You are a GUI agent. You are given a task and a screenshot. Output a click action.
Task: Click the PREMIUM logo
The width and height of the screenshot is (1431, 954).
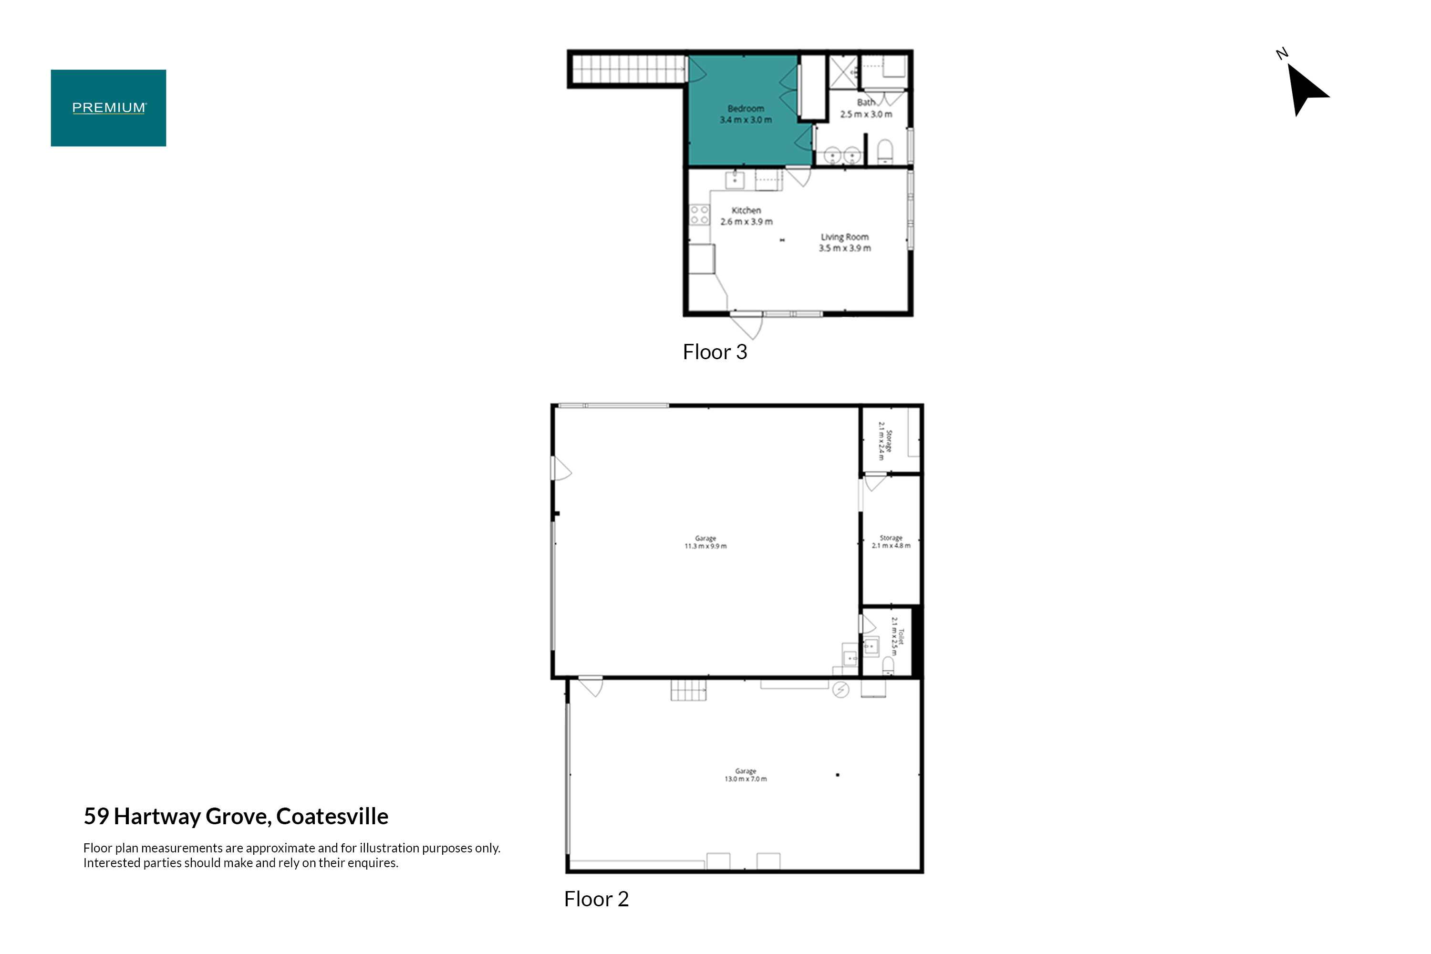pyautogui.click(x=108, y=108)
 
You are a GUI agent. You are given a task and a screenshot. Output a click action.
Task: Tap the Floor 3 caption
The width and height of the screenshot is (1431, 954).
pyautogui.click(x=715, y=352)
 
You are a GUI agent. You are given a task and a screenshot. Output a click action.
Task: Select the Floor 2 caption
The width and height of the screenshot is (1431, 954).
pyautogui.click(x=596, y=899)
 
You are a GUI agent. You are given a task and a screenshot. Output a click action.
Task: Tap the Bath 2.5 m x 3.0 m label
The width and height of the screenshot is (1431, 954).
pyautogui.click(x=866, y=108)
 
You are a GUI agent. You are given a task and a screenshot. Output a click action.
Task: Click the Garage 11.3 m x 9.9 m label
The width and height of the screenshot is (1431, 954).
pyautogui.click(x=706, y=542)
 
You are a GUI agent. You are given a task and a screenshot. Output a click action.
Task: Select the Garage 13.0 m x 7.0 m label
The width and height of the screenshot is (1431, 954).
pyautogui.click(x=746, y=775)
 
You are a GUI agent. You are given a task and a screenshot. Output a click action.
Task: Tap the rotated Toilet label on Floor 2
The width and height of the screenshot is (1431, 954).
pyautogui.click(x=897, y=636)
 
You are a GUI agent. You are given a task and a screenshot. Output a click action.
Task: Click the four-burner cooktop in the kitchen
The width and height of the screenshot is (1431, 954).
pyautogui.click(x=700, y=215)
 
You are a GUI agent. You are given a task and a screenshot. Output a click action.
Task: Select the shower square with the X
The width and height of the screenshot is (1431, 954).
pyautogui.click(x=844, y=73)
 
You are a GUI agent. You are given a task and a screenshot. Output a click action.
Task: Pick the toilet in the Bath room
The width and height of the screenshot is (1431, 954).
pyautogui.click(x=885, y=152)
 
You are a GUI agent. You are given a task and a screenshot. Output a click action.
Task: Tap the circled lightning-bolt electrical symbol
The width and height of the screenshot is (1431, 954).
pyautogui.click(x=841, y=690)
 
